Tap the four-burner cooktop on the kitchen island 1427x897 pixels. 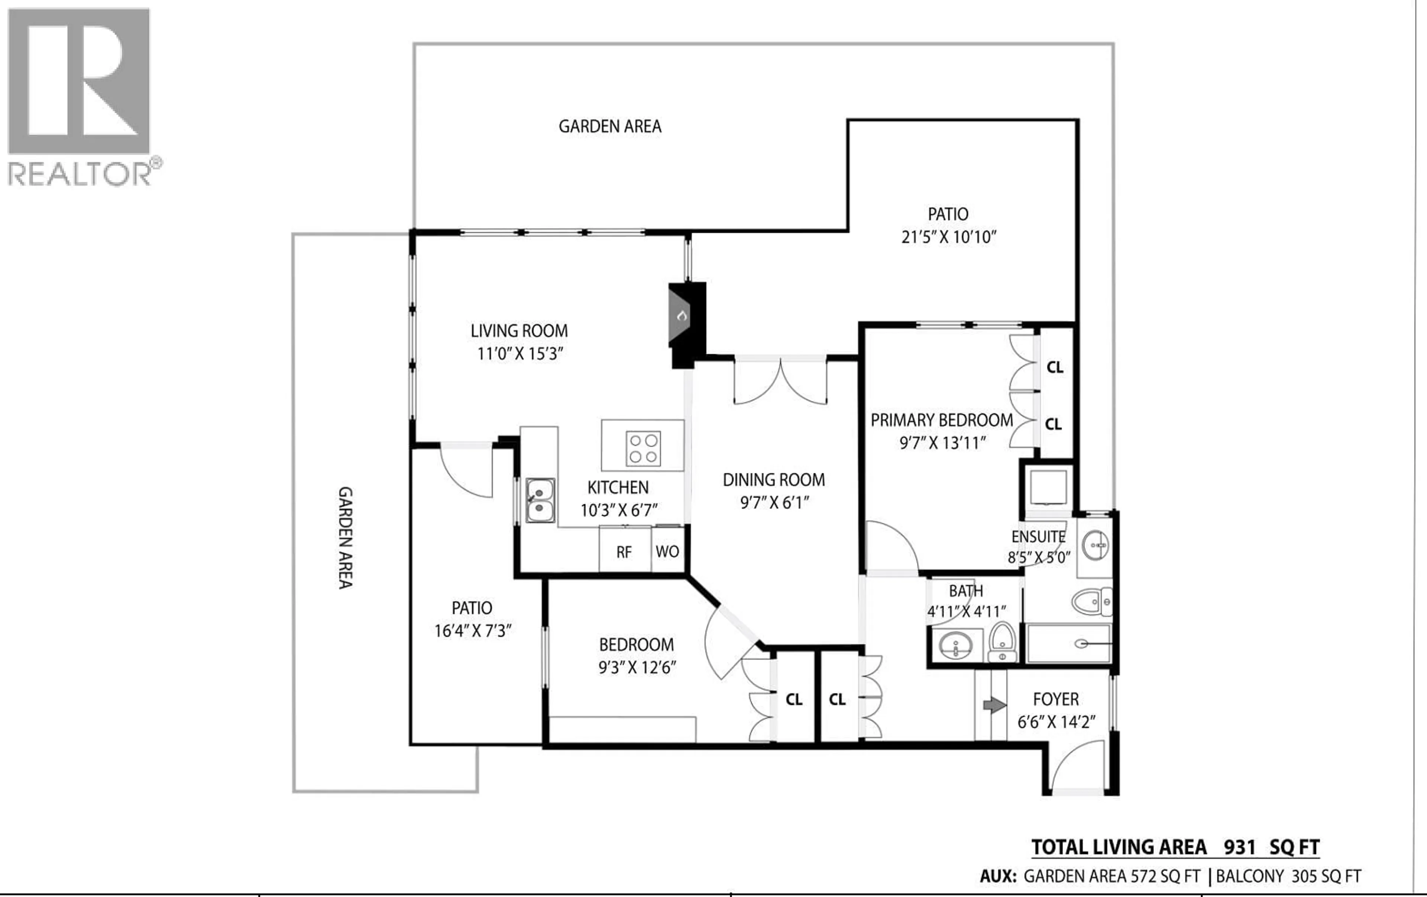click(643, 448)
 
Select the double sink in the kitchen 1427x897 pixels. click(540, 500)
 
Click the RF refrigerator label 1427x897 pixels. click(624, 552)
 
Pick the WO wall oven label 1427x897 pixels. click(667, 552)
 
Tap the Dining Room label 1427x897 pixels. click(773, 480)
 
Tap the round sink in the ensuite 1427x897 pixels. click(1095, 546)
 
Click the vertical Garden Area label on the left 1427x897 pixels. click(345, 538)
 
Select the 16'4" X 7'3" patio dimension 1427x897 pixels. click(472, 631)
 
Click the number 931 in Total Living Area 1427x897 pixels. click(1240, 847)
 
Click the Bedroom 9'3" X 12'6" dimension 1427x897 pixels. click(637, 668)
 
